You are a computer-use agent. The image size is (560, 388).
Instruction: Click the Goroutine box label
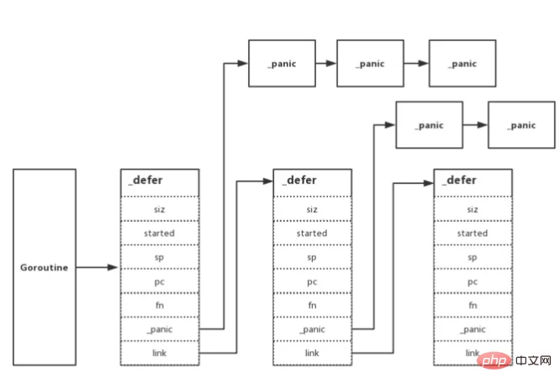pos(45,267)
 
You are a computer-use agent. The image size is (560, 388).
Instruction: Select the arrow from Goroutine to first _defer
pos(97,267)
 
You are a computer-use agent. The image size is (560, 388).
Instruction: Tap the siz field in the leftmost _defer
pos(160,209)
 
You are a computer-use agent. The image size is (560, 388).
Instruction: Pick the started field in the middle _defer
pos(312,233)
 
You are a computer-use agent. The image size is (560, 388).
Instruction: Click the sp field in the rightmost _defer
pos(473,257)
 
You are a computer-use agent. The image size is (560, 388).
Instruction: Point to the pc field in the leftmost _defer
pos(160,281)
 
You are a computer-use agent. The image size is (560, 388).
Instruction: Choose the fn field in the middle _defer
pos(312,305)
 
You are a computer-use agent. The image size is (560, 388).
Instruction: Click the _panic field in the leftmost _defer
pos(160,329)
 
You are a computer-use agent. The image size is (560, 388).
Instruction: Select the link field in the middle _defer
pos(312,353)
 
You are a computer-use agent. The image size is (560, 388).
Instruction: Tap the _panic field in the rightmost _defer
pos(473,329)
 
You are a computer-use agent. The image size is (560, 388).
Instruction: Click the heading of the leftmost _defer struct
pos(145,181)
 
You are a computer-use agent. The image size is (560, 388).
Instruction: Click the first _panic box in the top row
pos(283,63)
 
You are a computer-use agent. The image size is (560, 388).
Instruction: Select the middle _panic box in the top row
pos(370,63)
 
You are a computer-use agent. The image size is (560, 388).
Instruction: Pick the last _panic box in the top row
pos(462,63)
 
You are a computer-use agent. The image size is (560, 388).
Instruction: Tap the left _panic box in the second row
pos(430,125)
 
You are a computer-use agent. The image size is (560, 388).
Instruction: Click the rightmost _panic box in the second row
pos(522,125)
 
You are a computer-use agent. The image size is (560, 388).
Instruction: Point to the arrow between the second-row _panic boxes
pos(475,125)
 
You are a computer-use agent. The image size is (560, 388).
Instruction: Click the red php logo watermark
pos(494,360)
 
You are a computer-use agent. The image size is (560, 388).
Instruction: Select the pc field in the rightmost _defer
pos(473,281)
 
